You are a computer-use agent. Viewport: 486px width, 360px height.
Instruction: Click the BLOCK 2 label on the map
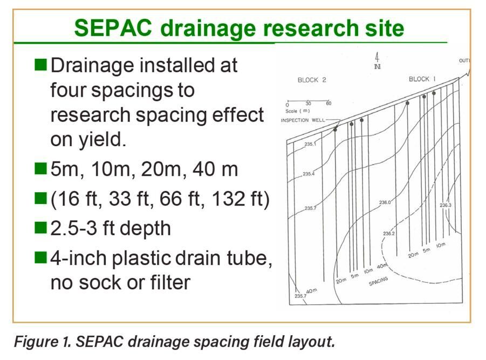(312, 80)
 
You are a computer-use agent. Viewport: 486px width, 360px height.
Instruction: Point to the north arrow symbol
(377, 60)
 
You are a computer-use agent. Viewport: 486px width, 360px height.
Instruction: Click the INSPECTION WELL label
(302, 120)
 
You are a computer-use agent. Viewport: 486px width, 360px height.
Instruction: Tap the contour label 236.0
(385, 202)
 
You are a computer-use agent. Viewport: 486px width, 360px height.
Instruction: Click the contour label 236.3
(446, 205)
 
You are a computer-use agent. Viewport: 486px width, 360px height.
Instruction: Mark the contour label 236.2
(389, 234)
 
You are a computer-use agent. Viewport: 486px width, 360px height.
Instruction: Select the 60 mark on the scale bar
(328, 103)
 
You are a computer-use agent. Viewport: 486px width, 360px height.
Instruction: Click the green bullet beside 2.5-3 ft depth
(40, 228)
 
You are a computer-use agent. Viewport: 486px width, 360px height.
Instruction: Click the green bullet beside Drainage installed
(40, 65)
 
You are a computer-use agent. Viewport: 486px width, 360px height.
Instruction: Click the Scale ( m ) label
(298, 110)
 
